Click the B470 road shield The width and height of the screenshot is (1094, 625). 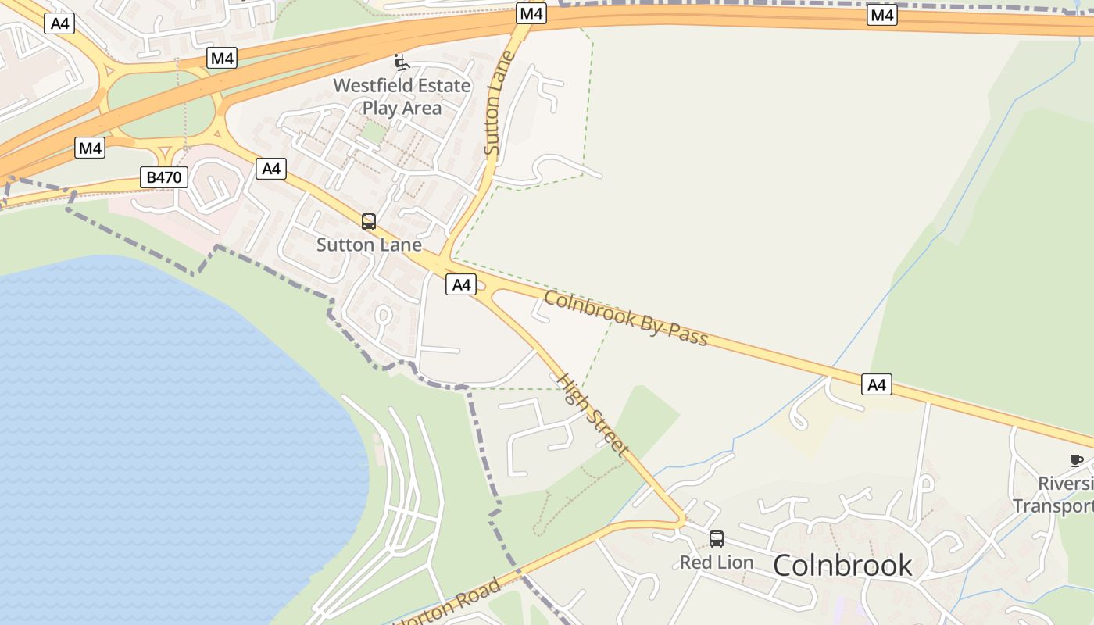(x=164, y=177)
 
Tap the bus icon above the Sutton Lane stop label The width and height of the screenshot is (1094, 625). (x=369, y=222)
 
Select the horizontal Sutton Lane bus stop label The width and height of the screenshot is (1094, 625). (x=369, y=245)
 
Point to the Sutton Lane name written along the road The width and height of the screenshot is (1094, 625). (x=498, y=102)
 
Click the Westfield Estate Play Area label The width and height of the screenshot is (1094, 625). (x=402, y=96)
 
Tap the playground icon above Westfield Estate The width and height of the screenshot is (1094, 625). (x=401, y=63)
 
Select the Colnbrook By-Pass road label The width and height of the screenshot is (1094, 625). (x=625, y=318)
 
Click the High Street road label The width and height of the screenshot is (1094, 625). (x=592, y=414)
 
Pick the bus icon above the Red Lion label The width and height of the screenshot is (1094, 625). (x=716, y=538)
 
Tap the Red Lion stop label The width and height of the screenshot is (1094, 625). (x=717, y=562)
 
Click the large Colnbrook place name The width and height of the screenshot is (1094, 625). (x=842, y=565)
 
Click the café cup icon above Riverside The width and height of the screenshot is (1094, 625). (x=1076, y=460)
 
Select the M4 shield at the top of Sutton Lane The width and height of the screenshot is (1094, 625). (x=531, y=13)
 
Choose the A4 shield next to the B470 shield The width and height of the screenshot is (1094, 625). (x=271, y=168)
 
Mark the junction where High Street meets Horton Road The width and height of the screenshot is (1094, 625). (x=682, y=520)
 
